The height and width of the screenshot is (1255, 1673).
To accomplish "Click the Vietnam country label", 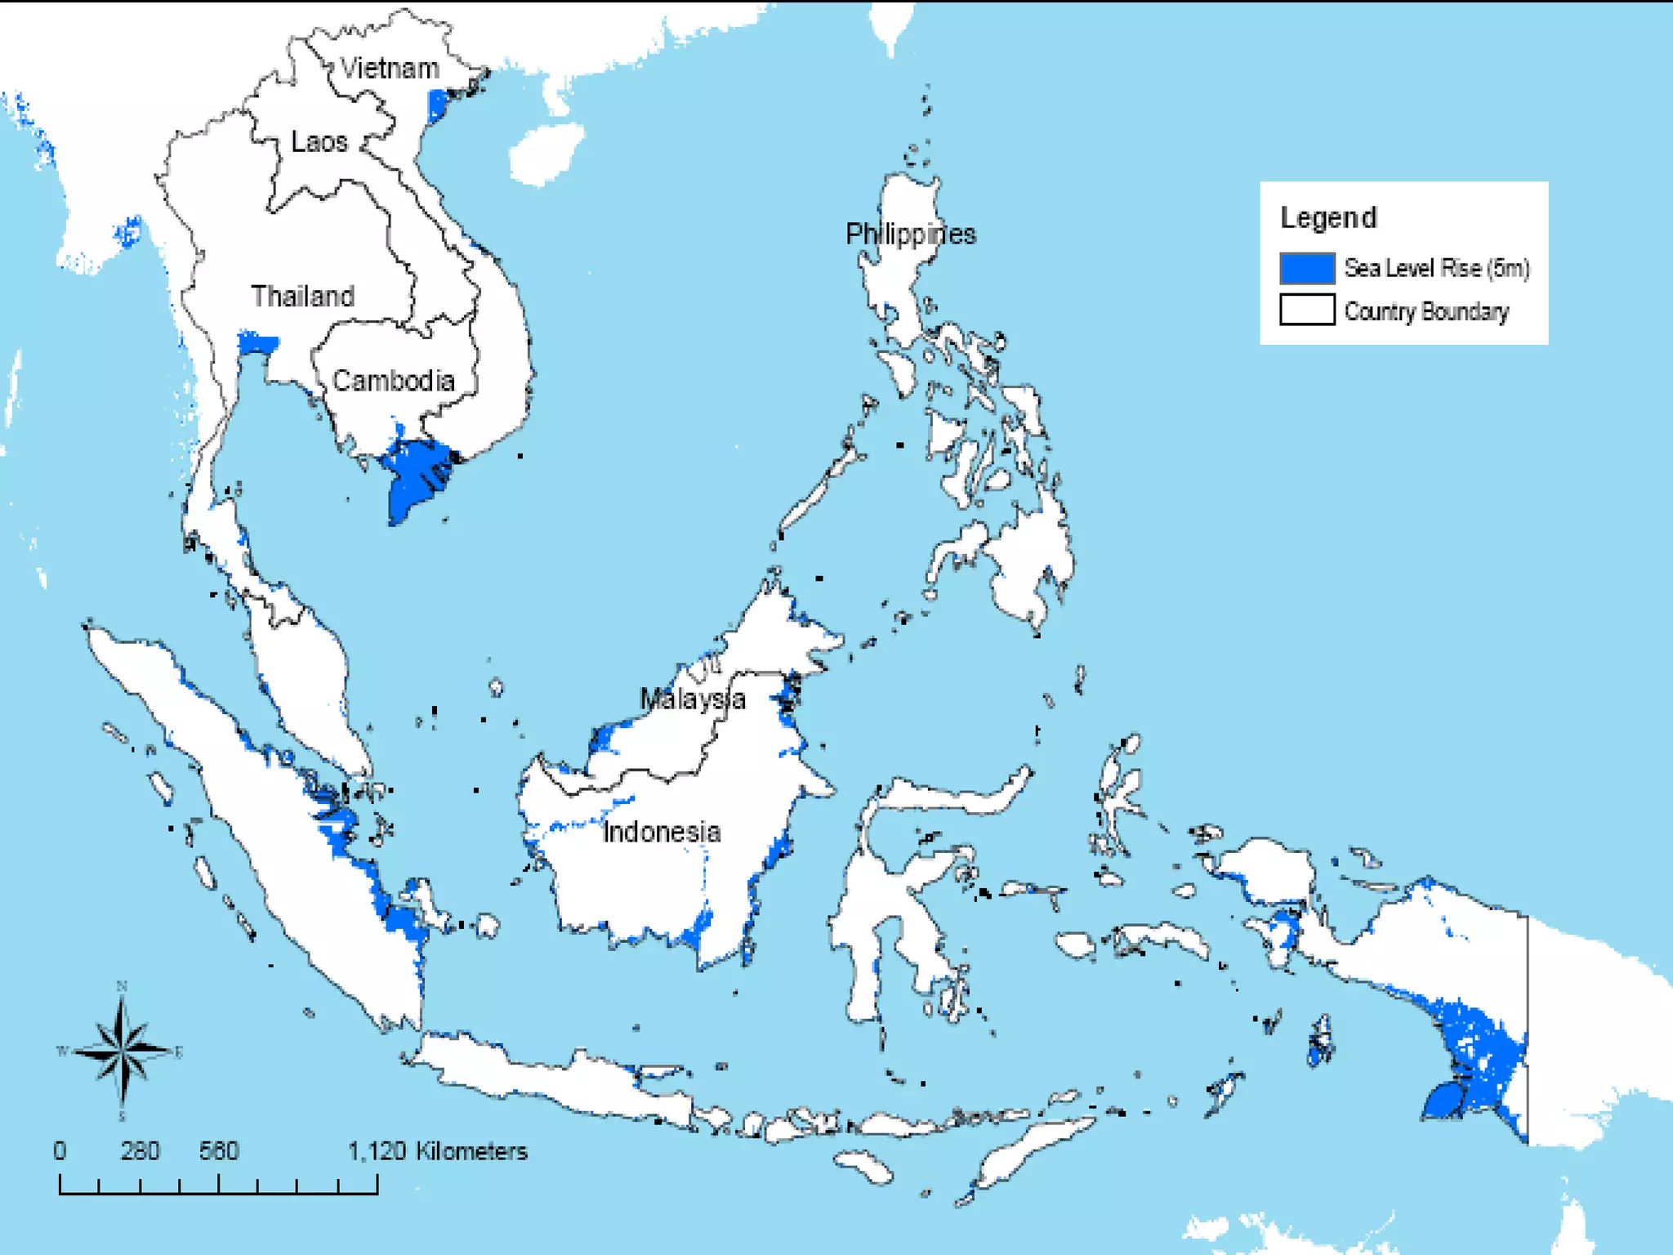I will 390,68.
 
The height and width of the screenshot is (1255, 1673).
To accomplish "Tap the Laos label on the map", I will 319,141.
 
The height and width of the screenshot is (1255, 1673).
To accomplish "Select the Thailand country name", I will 302,296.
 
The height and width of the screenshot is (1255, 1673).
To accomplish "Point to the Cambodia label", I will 393,381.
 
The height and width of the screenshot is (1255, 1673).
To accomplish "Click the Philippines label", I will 910,234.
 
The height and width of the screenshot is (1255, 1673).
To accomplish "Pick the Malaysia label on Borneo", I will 692,699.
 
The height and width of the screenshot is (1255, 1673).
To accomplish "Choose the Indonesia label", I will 662,832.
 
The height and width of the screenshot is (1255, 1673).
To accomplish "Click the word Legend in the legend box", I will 1328,217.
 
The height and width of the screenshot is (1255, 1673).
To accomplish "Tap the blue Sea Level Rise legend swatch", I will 1307,268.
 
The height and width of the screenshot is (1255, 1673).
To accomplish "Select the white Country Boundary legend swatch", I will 1307,310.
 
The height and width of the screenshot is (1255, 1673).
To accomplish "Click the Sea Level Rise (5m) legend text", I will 1437,268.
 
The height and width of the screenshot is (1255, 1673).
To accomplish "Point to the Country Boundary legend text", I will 1426,311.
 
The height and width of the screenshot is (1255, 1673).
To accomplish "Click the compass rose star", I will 123,1051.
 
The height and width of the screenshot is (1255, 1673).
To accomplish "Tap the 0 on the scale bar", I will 60,1151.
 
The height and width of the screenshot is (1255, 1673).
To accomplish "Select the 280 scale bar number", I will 140,1151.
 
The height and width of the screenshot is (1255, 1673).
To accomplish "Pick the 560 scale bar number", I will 219,1151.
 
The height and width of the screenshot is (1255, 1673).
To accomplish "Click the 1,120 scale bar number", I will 377,1151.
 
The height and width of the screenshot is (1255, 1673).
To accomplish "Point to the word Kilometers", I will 471,1151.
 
